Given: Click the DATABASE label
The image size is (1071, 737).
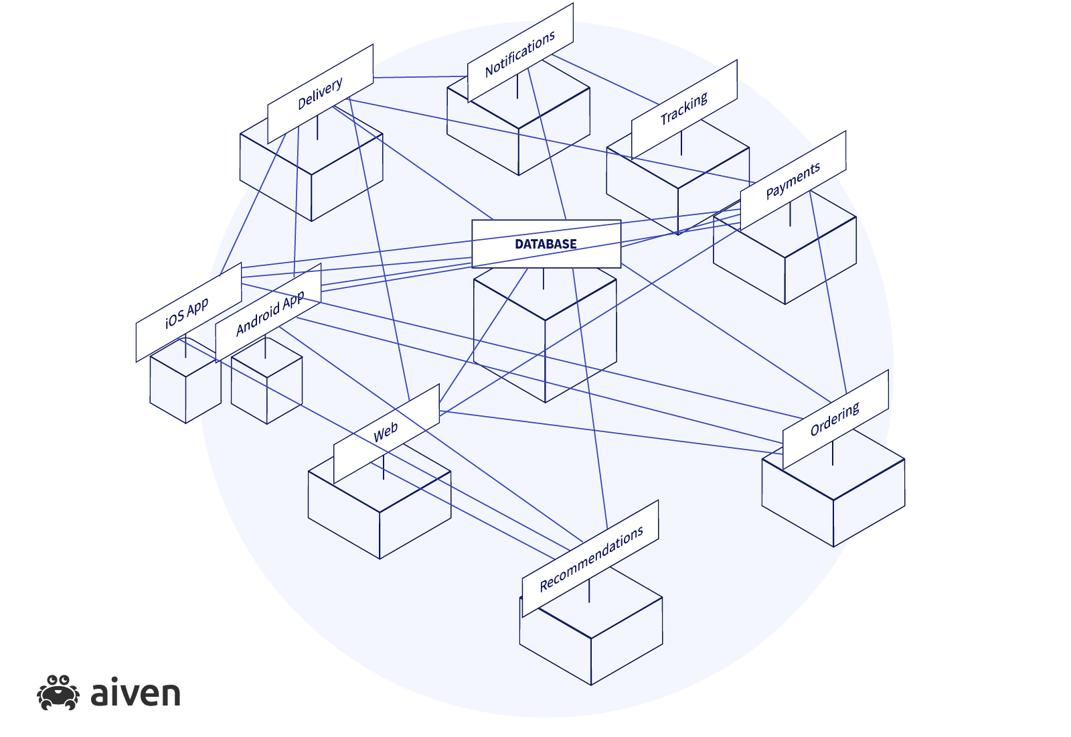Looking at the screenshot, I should click(546, 244).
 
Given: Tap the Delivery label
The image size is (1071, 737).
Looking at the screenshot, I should click(320, 94).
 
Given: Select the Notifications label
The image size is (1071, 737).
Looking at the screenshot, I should click(520, 53).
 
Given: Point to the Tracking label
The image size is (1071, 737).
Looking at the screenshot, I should click(683, 109).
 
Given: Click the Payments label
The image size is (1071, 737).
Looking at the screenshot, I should click(793, 181).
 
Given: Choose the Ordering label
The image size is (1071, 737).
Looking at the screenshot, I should click(835, 419).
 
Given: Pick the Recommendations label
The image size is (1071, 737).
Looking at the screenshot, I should click(590, 558).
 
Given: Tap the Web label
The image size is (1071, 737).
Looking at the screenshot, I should click(386, 433).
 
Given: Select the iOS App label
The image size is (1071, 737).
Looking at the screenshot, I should click(187, 312).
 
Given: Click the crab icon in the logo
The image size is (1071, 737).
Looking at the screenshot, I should click(58, 693).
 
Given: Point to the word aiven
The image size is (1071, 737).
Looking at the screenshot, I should click(135, 694).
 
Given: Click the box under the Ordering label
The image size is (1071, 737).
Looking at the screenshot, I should click(833, 503).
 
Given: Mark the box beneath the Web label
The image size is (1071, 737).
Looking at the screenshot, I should click(380, 516).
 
